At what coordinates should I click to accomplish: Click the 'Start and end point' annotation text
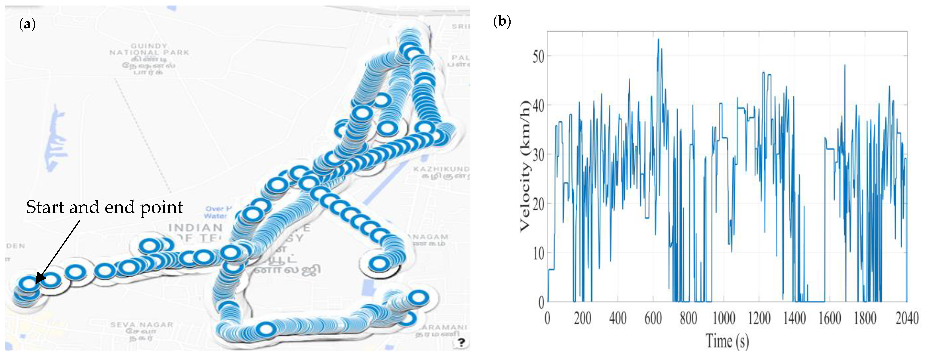point(104,207)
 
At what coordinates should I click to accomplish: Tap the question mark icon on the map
point(461,342)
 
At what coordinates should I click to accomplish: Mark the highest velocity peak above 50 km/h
point(658,39)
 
